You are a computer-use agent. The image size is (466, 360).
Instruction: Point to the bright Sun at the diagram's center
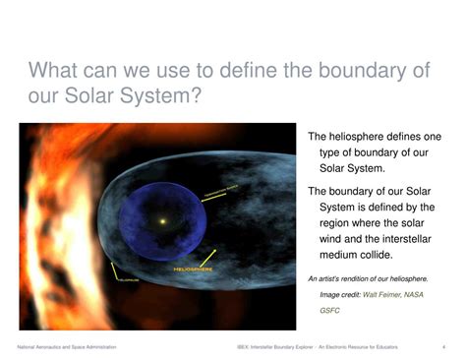[x=162, y=220]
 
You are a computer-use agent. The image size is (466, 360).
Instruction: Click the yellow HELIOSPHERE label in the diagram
[x=193, y=268]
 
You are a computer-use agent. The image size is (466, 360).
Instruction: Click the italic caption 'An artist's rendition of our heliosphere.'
[x=368, y=279]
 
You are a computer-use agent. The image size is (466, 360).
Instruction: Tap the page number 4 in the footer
[x=444, y=347]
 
